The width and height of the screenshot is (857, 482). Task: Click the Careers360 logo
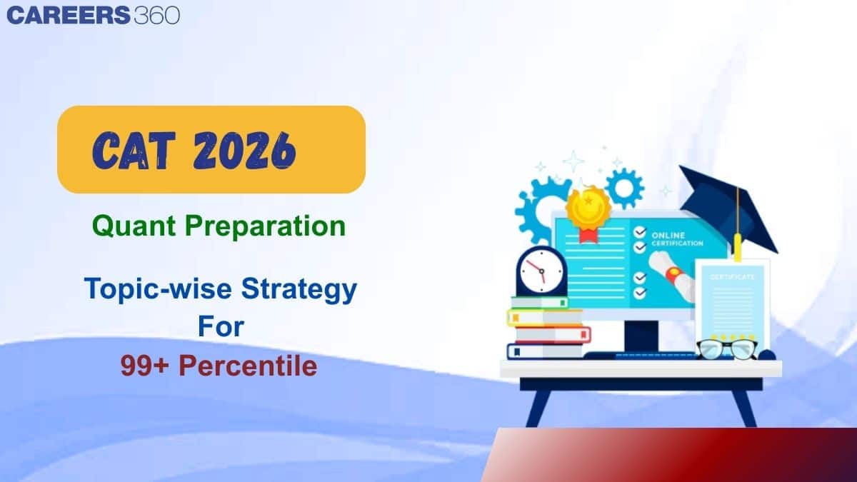coord(94,16)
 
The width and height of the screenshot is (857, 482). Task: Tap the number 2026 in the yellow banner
coord(244,151)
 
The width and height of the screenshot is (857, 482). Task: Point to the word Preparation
coord(265,226)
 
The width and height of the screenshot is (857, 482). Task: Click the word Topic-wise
coord(158,289)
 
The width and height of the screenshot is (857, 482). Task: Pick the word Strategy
coord(299,290)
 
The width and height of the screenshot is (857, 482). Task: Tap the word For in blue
coord(221,327)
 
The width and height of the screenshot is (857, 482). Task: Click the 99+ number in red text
coord(144,366)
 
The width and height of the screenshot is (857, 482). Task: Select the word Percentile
coord(248,366)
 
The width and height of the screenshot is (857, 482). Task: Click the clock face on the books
coord(541,271)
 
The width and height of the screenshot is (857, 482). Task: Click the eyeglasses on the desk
coord(726,349)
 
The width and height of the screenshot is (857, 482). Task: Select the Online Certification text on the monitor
coord(677,239)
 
